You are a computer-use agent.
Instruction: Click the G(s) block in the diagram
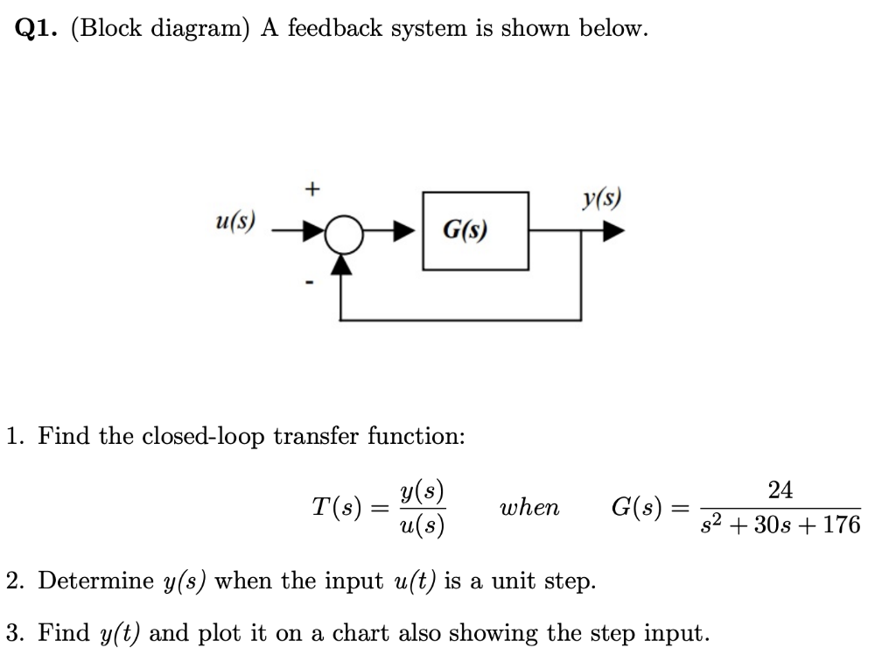(476, 231)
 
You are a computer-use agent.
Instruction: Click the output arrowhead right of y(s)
(614, 232)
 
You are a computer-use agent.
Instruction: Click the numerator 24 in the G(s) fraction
(780, 490)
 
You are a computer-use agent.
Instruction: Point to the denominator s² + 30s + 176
(780, 525)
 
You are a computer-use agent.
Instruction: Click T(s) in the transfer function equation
(333, 508)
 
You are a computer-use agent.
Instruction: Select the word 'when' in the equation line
(528, 508)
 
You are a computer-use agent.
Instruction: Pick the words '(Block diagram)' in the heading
(160, 29)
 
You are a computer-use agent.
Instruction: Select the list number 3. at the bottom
(13, 632)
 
